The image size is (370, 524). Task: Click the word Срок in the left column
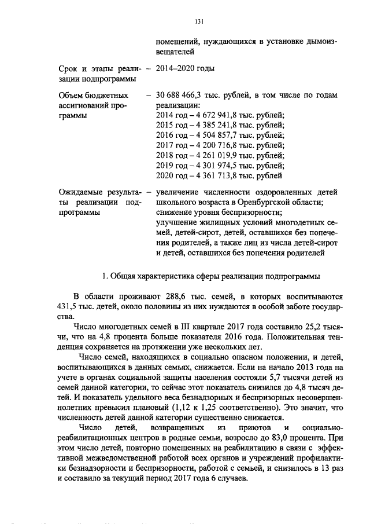[71, 68]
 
